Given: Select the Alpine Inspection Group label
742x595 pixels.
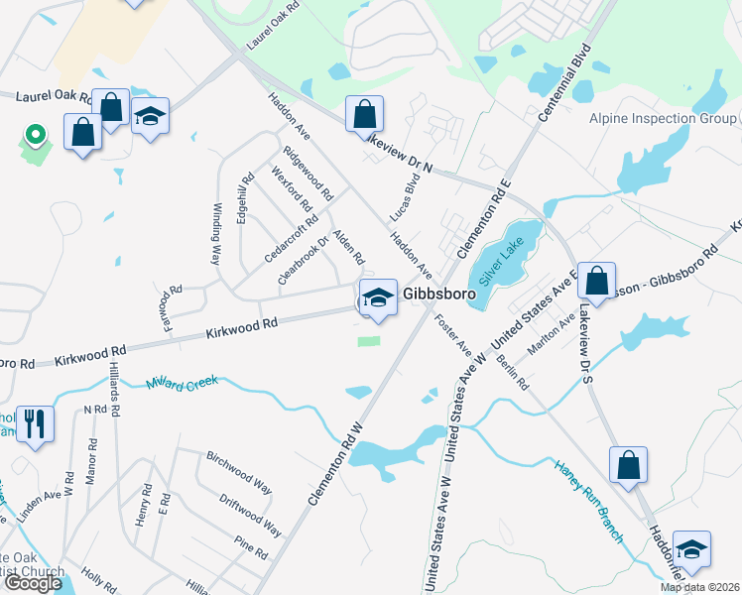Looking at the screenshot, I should (663, 119).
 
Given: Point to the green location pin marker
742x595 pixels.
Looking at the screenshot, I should (35, 134).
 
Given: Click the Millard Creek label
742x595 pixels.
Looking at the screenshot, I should (182, 382).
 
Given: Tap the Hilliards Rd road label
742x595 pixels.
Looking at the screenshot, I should (115, 395).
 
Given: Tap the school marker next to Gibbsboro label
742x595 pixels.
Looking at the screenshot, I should (377, 297).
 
